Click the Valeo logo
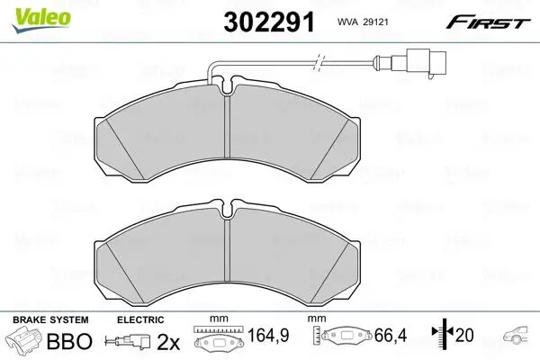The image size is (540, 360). (x=41, y=20)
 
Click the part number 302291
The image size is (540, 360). (x=269, y=22)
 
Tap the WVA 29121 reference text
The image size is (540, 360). (x=363, y=22)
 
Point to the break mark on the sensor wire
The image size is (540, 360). (x=319, y=63)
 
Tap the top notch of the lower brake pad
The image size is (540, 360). (x=227, y=209)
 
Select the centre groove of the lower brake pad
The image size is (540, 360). (x=227, y=250)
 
